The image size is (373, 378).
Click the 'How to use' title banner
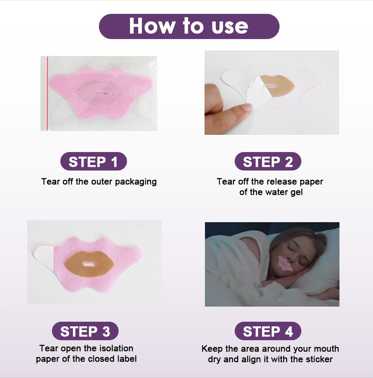[189, 26]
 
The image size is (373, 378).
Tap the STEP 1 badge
[93, 162]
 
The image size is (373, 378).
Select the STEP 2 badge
[268, 162]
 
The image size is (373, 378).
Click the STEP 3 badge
[85, 331]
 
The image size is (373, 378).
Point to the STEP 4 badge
[268, 331]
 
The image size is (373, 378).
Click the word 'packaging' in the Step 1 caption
[136, 182]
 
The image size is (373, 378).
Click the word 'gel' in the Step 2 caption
[295, 192]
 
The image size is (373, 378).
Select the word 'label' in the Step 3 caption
[126, 359]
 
